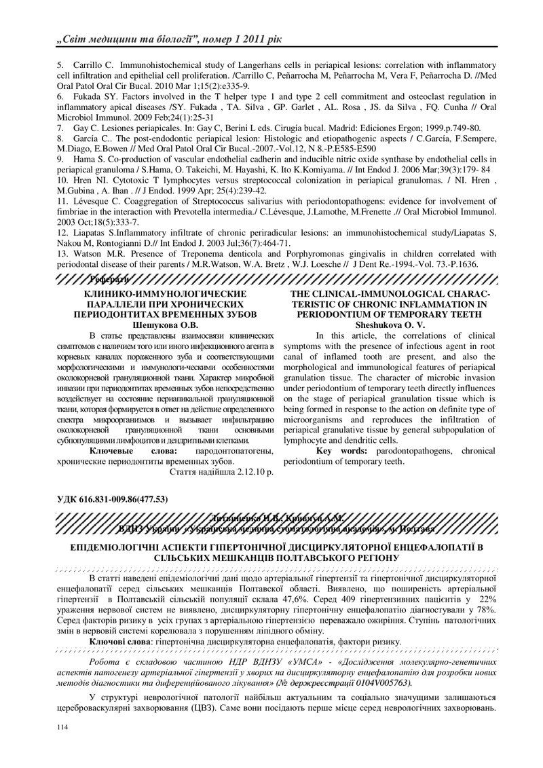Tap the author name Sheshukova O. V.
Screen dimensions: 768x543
(x=384, y=325)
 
